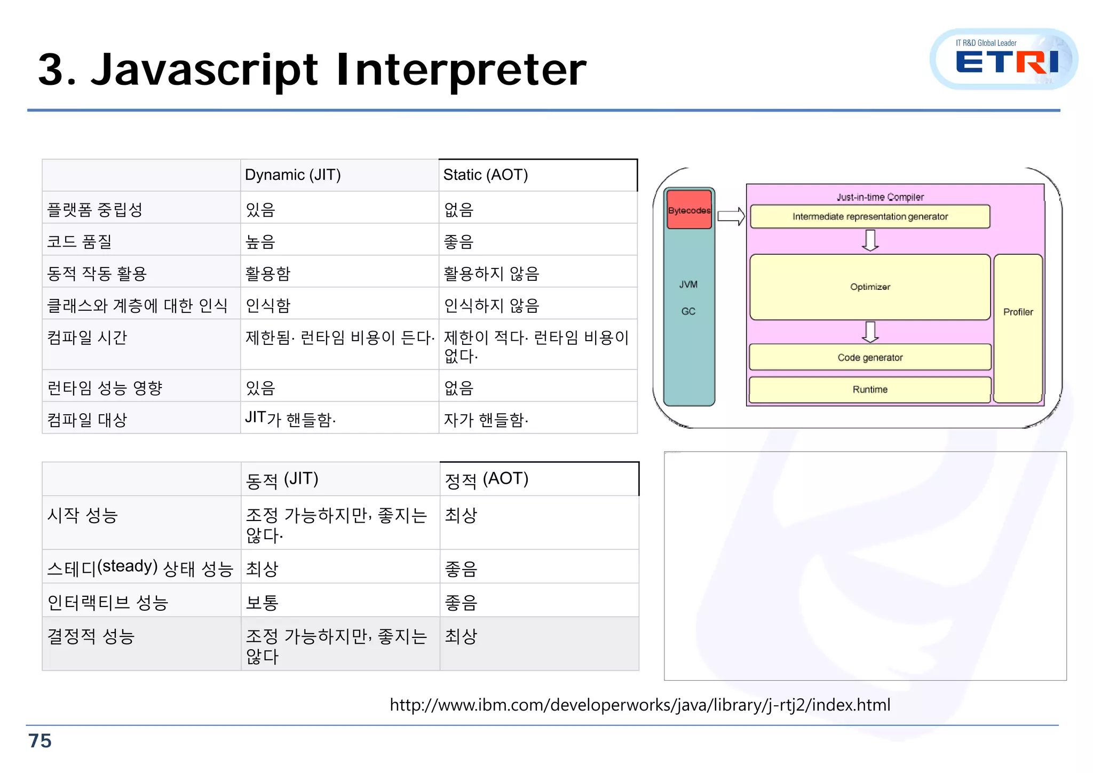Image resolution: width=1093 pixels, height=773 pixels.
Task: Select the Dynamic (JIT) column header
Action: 292,175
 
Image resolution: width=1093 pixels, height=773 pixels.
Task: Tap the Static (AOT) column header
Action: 485,175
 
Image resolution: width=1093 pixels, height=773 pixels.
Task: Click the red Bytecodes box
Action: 689,210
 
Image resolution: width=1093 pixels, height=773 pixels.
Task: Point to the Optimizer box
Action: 870,287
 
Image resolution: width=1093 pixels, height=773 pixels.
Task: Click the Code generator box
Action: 870,358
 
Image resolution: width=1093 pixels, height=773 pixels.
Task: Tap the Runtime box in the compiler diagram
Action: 870,390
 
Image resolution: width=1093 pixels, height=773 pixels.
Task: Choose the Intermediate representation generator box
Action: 870,217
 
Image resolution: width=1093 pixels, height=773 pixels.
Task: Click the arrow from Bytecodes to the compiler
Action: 731,216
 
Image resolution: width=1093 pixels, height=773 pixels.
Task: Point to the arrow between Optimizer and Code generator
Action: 870,332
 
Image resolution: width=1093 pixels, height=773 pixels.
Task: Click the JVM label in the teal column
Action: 688,285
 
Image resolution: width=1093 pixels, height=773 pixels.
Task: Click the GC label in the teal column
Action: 688,311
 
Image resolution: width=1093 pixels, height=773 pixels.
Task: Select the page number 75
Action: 40,741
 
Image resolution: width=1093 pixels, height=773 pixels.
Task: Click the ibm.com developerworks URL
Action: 640,705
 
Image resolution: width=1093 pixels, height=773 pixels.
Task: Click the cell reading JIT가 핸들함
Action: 290,419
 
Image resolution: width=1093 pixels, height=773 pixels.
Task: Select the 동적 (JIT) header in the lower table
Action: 282,479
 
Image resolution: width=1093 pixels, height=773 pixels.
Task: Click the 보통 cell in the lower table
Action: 262,603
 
